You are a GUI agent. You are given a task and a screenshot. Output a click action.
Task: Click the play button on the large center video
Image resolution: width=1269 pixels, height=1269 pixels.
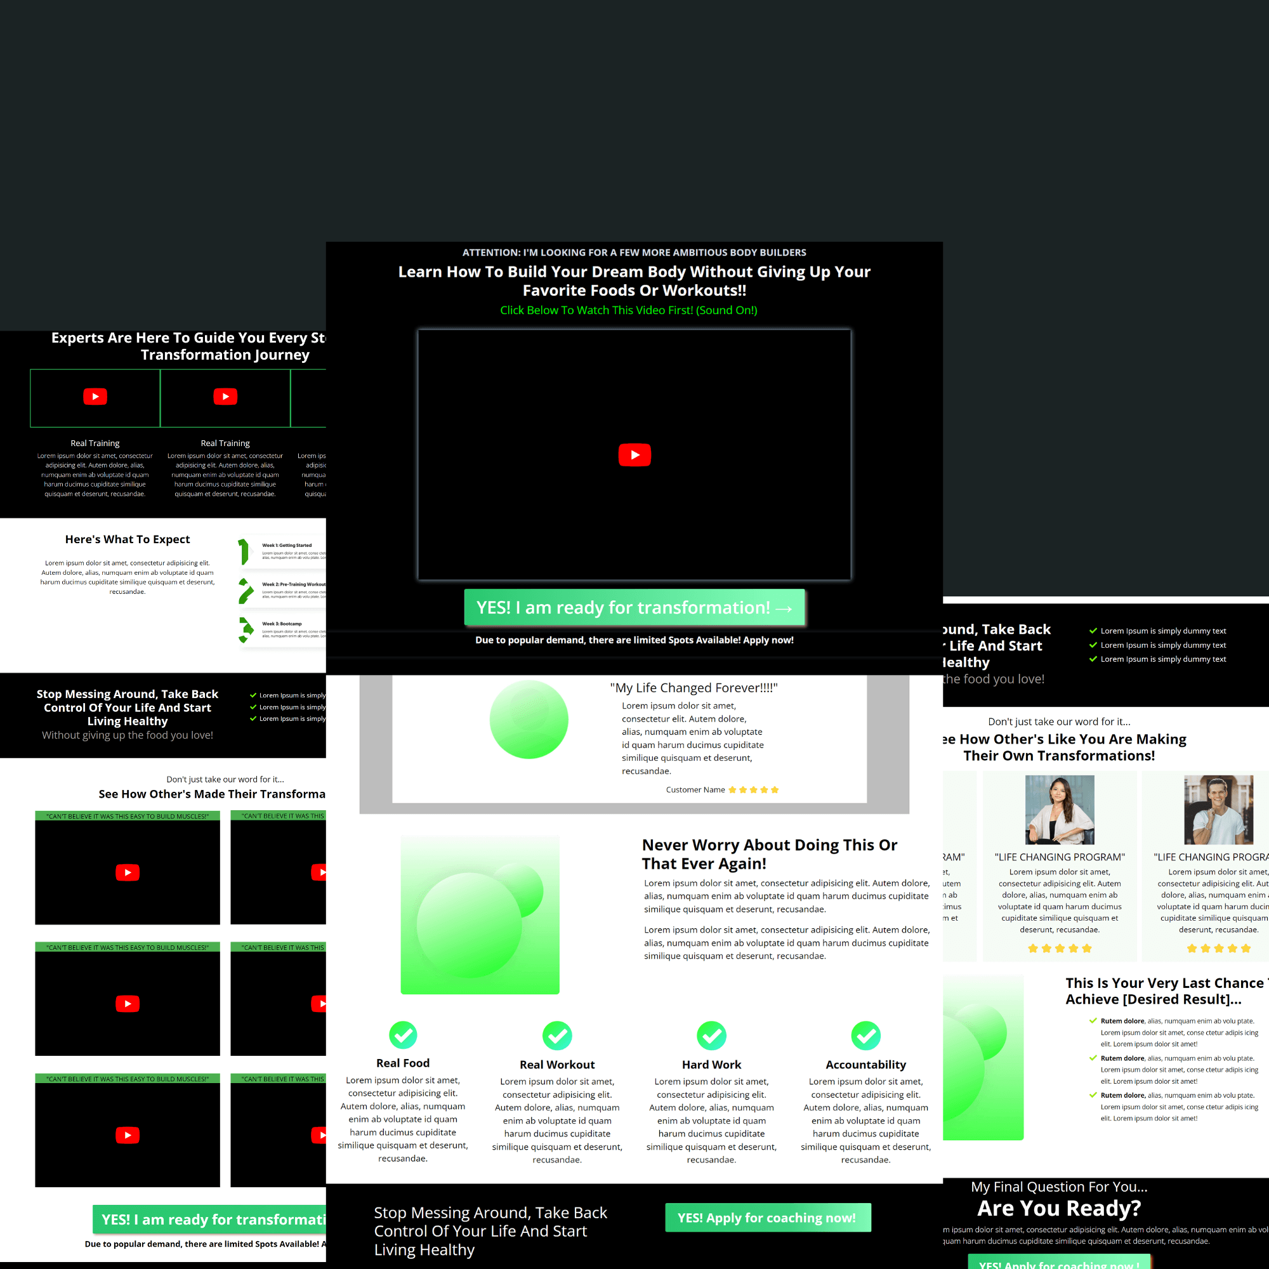click(634, 454)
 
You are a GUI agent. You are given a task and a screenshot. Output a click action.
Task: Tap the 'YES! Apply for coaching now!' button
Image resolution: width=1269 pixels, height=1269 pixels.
click(767, 1218)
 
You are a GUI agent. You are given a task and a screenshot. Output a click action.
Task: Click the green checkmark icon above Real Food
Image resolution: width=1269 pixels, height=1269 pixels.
click(403, 1034)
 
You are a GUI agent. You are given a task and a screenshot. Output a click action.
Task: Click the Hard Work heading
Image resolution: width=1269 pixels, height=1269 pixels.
click(711, 1065)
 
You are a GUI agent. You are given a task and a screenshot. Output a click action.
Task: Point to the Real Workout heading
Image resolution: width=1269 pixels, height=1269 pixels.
click(556, 1065)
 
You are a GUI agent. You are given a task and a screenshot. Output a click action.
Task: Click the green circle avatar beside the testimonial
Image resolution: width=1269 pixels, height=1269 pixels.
click(529, 720)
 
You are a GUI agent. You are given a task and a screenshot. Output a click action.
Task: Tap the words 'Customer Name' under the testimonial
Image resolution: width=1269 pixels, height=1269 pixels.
click(695, 789)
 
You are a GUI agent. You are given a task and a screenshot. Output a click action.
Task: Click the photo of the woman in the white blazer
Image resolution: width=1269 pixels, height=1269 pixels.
click(1060, 809)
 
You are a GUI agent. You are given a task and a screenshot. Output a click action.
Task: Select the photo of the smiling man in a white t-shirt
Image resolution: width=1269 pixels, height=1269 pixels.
click(1218, 809)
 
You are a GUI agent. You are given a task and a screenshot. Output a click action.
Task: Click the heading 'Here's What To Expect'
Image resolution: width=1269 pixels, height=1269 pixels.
click(128, 539)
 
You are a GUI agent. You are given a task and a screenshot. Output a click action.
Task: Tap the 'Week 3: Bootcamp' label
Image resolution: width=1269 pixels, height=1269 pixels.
click(282, 623)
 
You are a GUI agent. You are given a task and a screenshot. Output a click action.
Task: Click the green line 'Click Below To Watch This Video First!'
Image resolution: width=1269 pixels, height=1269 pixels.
click(628, 310)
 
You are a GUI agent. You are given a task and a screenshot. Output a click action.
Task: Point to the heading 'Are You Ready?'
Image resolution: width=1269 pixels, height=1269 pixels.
click(1059, 1208)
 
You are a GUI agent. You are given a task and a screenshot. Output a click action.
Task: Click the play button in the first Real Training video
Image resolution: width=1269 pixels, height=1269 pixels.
click(95, 396)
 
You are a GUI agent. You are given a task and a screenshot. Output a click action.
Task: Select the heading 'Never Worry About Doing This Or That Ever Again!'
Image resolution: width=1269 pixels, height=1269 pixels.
click(769, 854)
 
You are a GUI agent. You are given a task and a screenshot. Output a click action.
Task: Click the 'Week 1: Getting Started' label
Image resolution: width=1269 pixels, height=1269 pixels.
click(287, 545)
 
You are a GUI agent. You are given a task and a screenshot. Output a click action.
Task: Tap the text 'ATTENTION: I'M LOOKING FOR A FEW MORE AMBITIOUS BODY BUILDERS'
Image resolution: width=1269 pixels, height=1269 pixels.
click(634, 253)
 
